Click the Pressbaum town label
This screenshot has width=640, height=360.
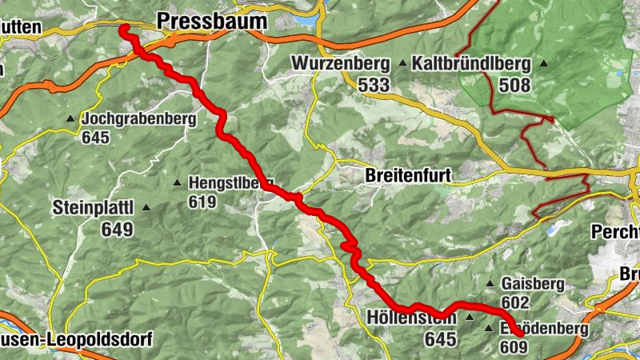point(211,22)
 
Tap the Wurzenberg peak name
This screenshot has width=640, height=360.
point(340,63)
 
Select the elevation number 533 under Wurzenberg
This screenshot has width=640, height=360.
point(374,84)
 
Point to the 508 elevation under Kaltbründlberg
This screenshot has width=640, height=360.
point(514,84)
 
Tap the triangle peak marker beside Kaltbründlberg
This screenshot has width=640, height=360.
point(544,64)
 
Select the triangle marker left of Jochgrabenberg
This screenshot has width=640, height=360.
point(70,119)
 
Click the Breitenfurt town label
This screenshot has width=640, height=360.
point(408,175)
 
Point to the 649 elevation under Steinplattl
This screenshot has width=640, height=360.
point(117,229)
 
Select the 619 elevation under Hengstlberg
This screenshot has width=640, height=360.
point(202,202)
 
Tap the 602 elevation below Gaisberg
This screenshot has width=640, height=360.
point(516,302)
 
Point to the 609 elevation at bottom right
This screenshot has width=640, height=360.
point(513,347)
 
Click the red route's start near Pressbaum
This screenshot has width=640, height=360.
point(124,29)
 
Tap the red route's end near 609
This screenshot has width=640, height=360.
point(521,334)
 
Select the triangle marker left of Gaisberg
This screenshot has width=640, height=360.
point(490,284)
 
